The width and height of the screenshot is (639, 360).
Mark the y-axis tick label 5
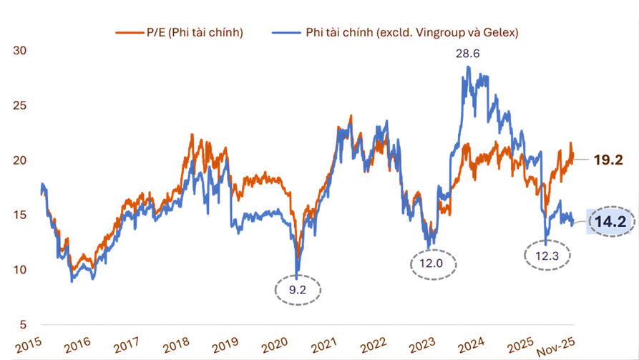[23, 324]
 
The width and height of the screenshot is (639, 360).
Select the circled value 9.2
[298, 290]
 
